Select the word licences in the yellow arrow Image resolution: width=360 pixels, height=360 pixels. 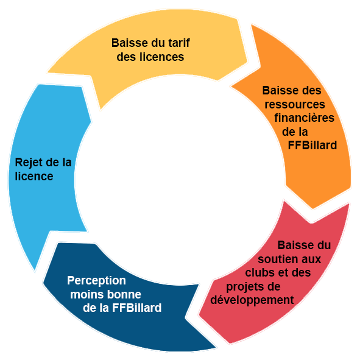point(162,57)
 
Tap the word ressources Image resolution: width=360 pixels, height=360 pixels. point(295,104)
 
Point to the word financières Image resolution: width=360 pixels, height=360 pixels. point(304,118)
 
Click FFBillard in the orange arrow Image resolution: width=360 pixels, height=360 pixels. point(312,146)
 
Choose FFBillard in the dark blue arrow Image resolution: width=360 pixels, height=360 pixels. point(137,308)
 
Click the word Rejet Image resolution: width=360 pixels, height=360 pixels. point(29,163)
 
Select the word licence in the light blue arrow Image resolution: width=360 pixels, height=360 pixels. point(34,176)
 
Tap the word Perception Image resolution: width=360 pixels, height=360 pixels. point(96,281)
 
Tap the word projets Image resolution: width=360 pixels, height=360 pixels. point(244,287)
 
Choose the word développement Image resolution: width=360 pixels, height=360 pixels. point(252,300)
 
